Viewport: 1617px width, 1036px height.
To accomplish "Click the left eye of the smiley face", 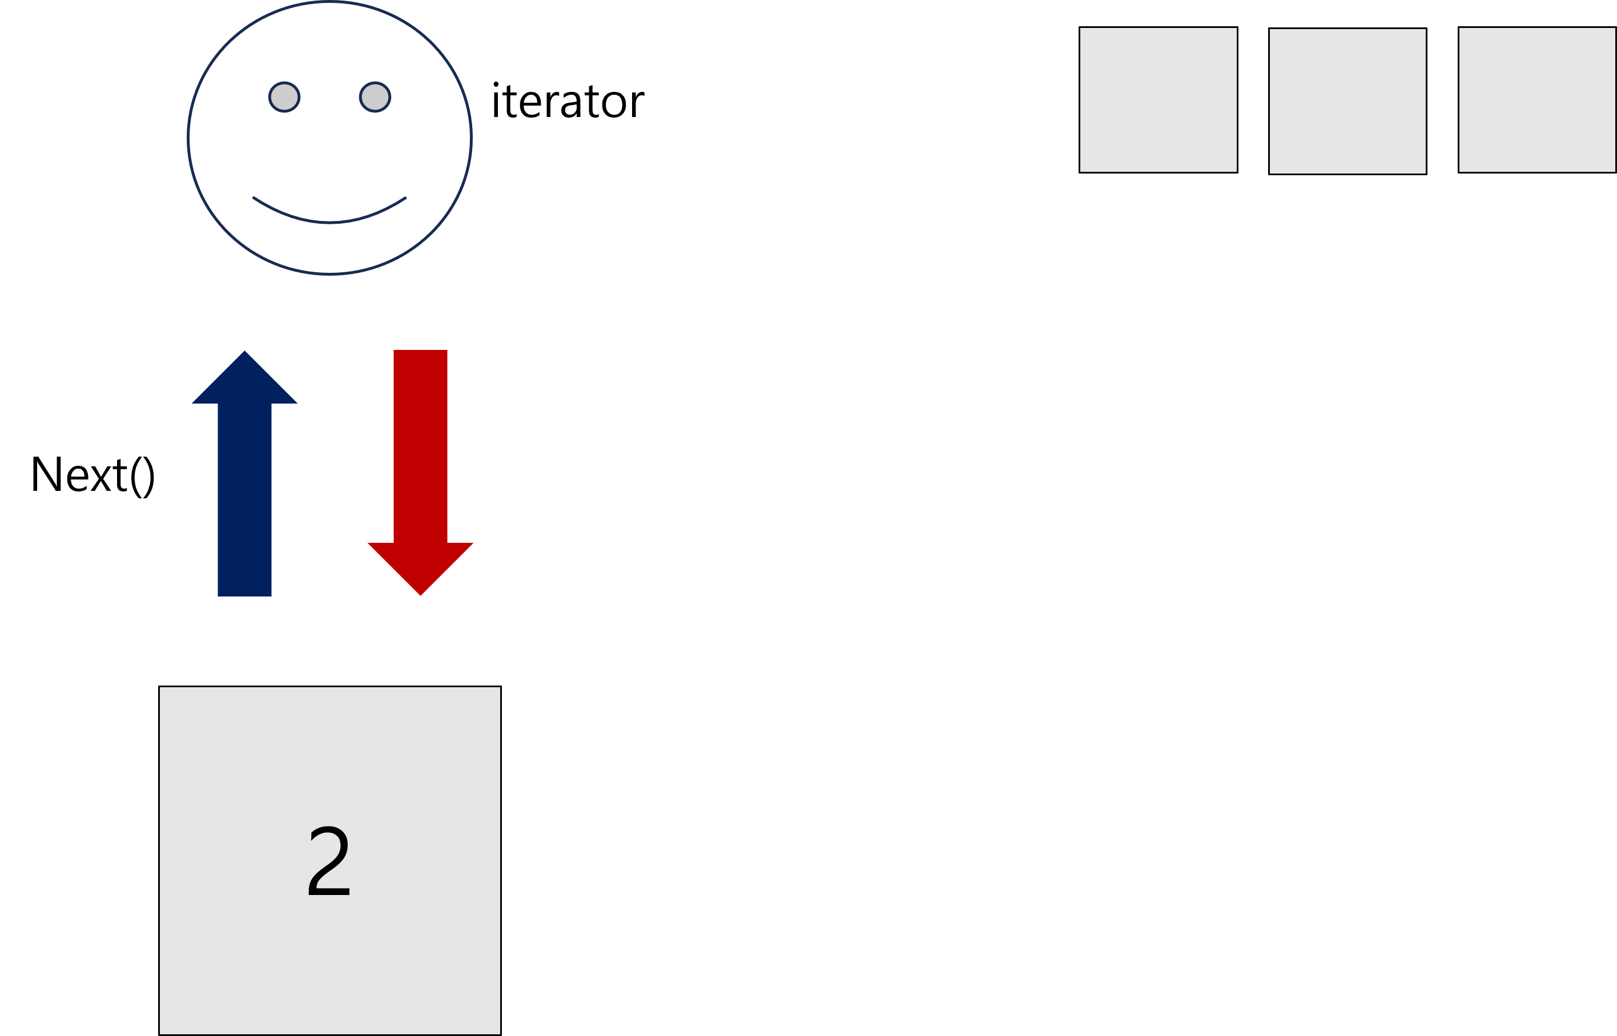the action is point(284,98).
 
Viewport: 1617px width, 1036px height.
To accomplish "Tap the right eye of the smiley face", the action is point(375,98).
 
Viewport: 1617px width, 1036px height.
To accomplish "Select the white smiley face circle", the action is point(329,155).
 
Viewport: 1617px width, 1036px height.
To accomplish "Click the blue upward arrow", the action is point(244,485).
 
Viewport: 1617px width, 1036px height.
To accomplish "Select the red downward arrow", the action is point(420,464).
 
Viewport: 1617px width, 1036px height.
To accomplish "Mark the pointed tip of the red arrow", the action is point(420,595).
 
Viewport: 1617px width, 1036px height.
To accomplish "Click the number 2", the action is point(329,861).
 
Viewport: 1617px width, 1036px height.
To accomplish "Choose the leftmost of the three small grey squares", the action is point(1158,99).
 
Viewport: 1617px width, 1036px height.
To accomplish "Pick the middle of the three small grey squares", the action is point(1347,101).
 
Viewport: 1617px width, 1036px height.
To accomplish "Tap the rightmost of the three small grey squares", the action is point(1537,99).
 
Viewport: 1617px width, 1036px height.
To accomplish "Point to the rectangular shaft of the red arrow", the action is point(420,444).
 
